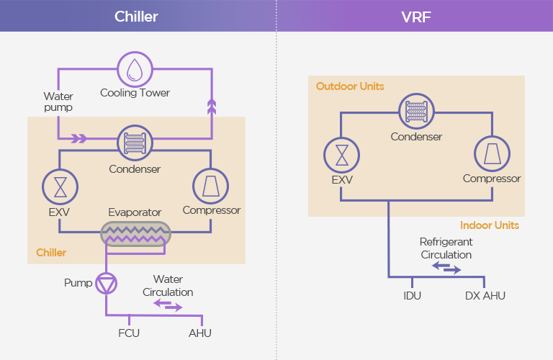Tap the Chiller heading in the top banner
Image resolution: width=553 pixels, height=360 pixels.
coord(136,16)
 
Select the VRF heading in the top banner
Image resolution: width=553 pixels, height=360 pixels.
coord(414,16)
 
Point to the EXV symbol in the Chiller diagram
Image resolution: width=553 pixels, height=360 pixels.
coord(60,186)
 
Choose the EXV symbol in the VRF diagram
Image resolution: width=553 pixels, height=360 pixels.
coord(341,155)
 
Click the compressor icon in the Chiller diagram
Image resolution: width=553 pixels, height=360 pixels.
coord(211,186)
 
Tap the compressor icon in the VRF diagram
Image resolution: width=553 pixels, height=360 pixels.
coord(492,155)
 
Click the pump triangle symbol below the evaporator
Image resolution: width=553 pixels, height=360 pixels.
coord(107,284)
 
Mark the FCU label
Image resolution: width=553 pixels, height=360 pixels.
coord(129,333)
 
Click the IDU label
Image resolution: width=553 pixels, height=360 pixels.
coord(412,296)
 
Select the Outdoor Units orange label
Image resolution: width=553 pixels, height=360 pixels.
coord(350,86)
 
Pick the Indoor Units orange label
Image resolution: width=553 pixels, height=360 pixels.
coord(490,225)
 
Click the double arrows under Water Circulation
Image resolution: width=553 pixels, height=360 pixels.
coord(169,305)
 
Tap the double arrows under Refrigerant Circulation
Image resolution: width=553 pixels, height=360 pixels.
coord(446,268)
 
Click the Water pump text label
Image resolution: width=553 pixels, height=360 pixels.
coord(58,102)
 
